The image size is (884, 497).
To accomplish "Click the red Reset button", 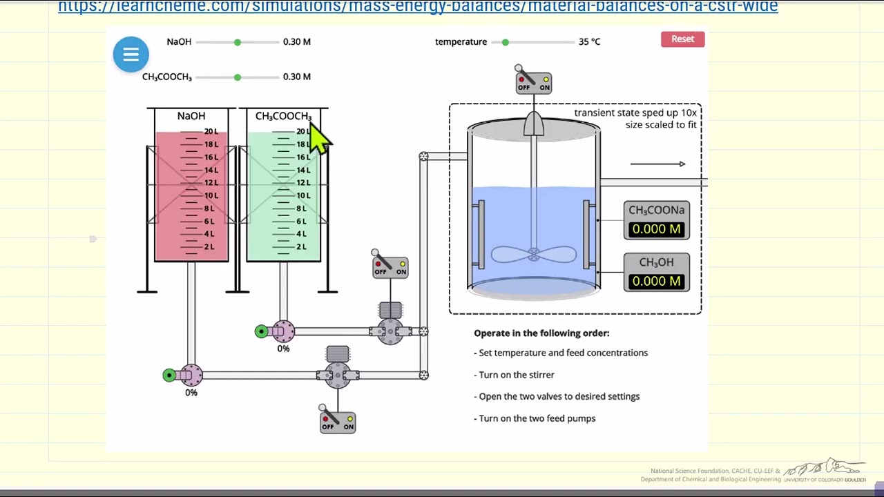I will [x=682, y=39].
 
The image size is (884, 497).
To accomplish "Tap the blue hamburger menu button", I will [x=131, y=55].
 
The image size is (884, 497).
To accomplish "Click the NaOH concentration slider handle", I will [x=238, y=42].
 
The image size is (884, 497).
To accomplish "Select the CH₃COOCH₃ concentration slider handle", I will [x=238, y=77].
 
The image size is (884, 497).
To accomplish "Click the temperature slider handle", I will [x=506, y=42].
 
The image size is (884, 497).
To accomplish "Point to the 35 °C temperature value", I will [x=589, y=42].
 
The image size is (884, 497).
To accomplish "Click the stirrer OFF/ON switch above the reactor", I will [x=533, y=82].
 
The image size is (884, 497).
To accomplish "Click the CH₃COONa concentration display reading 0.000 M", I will [x=656, y=228].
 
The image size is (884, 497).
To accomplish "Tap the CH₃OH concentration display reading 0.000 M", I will [x=656, y=281].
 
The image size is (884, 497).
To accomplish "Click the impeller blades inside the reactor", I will [x=533, y=255].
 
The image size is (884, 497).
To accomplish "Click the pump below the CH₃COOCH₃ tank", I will [x=282, y=332].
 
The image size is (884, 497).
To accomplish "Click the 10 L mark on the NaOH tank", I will [x=210, y=195].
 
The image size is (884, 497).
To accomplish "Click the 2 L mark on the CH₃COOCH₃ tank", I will [x=302, y=247].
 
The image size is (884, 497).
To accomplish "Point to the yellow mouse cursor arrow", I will [x=320, y=138].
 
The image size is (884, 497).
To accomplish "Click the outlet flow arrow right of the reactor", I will [x=657, y=164].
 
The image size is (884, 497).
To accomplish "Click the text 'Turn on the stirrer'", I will [x=517, y=375].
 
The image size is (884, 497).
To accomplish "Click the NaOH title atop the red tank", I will [x=191, y=116].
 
